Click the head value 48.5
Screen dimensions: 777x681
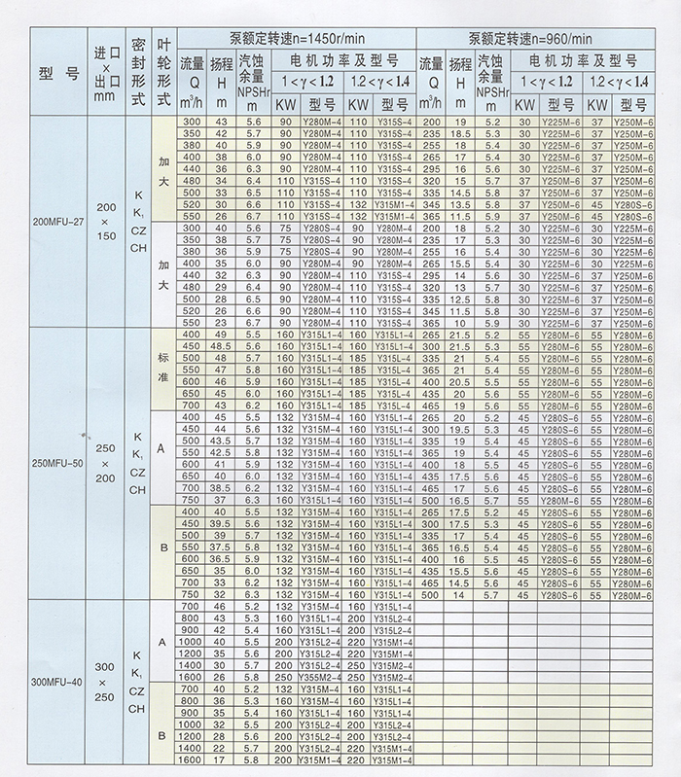(x=221, y=345)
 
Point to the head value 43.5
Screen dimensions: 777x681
(x=221, y=441)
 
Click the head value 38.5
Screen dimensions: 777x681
(x=221, y=487)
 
